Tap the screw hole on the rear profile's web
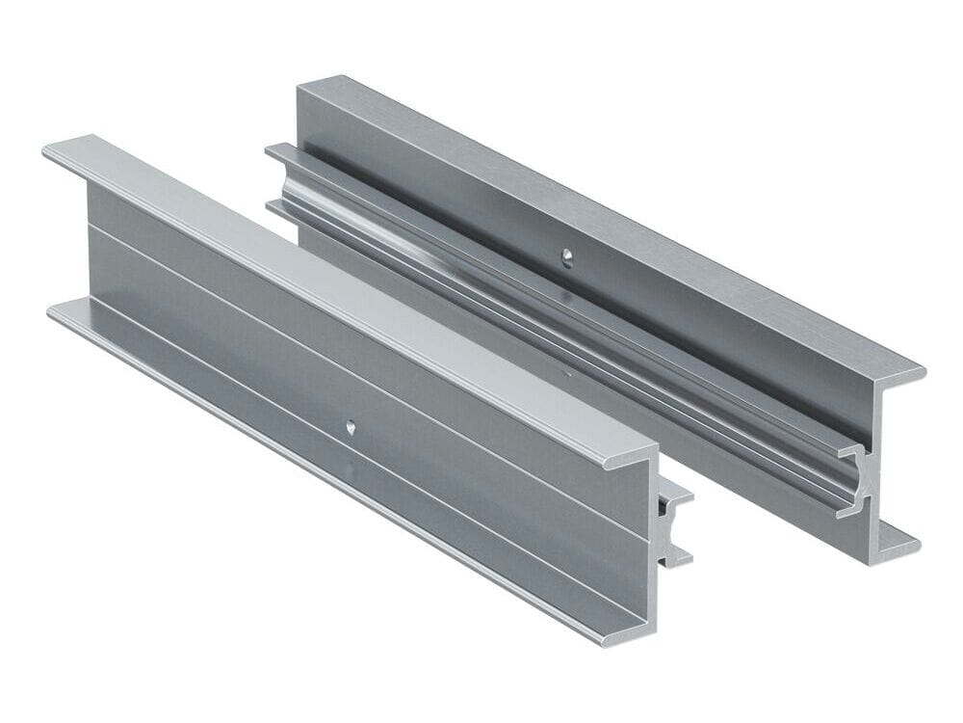568,256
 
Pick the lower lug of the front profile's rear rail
680,553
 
